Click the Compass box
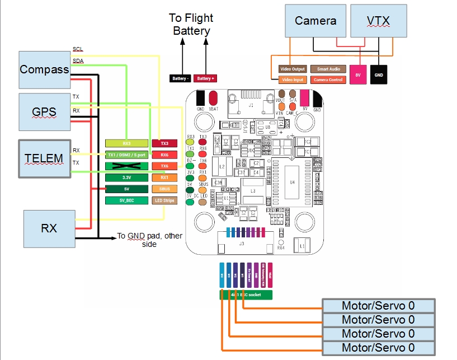point(44,70)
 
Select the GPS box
point(44,112)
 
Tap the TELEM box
point(44,158)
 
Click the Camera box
point(315,21)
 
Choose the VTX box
point(378,21)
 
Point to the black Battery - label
point(180,78)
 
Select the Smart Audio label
point(328,69)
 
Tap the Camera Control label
point(328,80)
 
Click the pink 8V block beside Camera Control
point(358,74)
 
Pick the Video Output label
point(293,69)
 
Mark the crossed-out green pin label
point(126,166)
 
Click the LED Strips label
point(164,200)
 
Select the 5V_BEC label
point(126,200)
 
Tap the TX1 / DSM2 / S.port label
point(126,155)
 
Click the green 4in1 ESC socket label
point(246,294)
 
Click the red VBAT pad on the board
point(213,101)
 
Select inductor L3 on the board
point(253,191)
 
